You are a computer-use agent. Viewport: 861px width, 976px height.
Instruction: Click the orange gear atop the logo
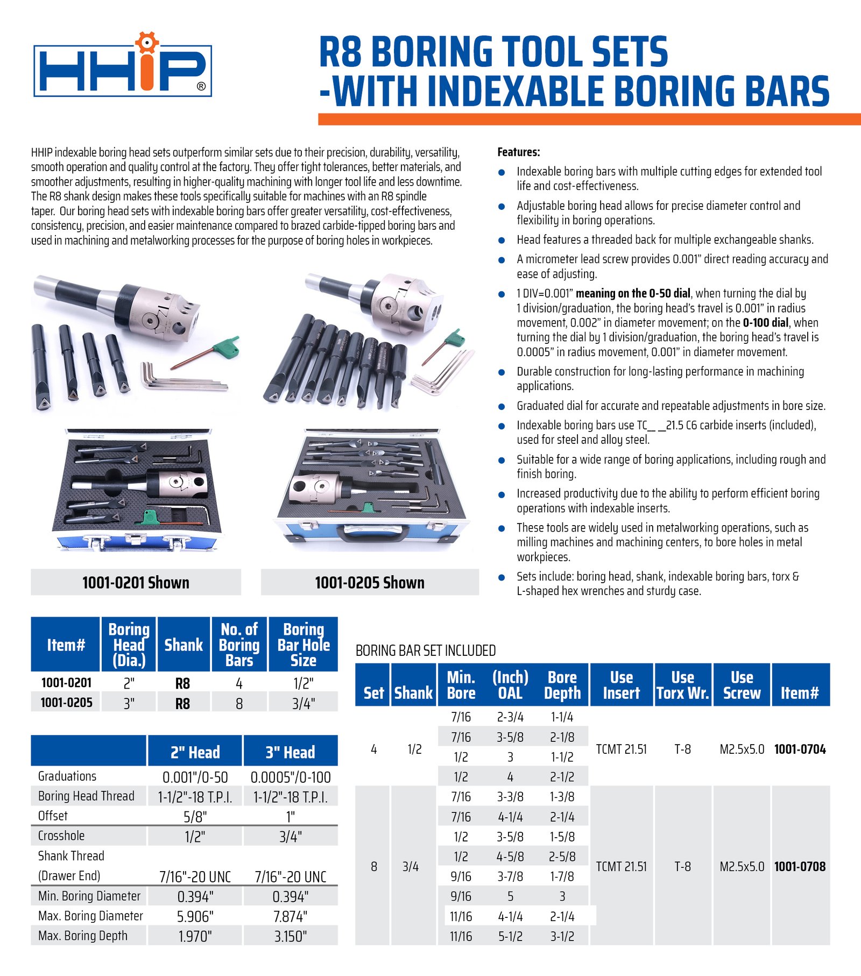(x=146, y=42)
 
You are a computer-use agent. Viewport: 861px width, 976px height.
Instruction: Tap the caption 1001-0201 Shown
(x=136, y=583)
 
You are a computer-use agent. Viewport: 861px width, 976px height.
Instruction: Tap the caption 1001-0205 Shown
(x=370, y=583)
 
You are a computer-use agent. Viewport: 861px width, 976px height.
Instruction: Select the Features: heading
(x=518, y=152)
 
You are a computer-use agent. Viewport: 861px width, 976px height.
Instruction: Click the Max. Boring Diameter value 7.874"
(x=290, y=916)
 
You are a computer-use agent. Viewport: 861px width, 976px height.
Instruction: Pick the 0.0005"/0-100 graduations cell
(x=290, y=777)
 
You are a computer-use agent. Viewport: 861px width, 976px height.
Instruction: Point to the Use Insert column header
(x=621, y=685)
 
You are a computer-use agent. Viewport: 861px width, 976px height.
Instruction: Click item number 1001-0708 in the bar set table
(x=800, y=867)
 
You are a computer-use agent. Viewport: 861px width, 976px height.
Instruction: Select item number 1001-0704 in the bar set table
(x=800, y=749)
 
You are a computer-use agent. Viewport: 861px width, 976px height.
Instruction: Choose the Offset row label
(x=53, y=816)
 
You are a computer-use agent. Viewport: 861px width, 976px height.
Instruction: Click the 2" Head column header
(x=195, y=752)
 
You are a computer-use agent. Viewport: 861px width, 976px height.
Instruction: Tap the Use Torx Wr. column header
(x=682, y=685)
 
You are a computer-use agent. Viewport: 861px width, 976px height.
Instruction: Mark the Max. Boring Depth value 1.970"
(x=195, y=937)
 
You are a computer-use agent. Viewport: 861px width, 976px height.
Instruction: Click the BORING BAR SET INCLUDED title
(x=425, y=651)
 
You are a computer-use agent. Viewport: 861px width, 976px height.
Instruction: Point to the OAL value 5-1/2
(x=510, y=937)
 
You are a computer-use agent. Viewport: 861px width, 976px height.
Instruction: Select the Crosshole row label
(x=61, y=836)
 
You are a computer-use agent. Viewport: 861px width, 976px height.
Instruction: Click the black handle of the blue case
(x=373, y=534)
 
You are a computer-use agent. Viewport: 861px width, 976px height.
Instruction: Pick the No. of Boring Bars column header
(x=239, y=645)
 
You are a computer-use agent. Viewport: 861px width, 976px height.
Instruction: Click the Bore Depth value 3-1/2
(x=562, y=937)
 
